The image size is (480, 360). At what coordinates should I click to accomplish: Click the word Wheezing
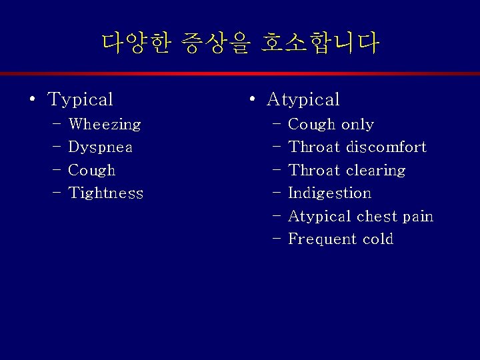click(105, 125)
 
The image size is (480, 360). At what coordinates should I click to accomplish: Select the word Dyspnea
click(100, 147)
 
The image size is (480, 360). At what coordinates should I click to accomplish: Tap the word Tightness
click(105, 193)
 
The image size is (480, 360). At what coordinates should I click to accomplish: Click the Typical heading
click(81, 100)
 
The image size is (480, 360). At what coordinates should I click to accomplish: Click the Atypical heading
click(303, 100)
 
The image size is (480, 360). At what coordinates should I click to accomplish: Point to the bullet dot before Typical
click(32, 101)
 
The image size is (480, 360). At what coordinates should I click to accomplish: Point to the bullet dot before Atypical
click(251, 101)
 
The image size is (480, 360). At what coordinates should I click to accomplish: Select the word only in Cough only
click(357, 125)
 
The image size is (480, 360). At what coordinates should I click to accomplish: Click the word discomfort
click(386, 147)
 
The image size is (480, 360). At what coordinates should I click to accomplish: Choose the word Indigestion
click(329, 193)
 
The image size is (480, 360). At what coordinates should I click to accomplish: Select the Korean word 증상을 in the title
click(217, 43)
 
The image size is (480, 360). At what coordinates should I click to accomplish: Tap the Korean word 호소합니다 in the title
click(320, 43)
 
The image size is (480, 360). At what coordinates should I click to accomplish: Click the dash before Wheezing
click(55, 125)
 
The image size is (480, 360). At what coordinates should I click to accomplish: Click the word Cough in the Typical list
click(92, 171)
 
